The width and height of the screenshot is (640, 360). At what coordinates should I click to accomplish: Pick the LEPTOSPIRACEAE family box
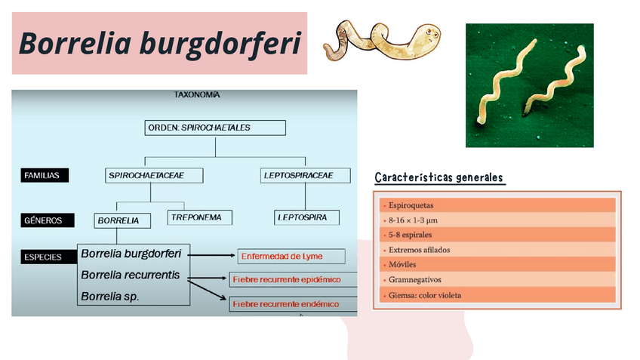click(306, 175)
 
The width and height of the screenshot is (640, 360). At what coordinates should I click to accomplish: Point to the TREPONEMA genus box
click(198, 217)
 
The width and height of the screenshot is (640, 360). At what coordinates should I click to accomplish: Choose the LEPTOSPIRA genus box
click(306, 217)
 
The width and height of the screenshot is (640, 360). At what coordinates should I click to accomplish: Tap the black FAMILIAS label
click(45, 175)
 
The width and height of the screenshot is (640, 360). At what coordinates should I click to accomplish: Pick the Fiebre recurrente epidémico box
click(291, 279)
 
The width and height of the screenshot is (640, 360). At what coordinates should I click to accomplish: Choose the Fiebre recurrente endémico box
click(291, 304)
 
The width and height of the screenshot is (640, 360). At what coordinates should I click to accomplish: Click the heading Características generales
click(438, 178)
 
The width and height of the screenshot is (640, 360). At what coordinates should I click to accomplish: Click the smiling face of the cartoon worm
click(430, 33)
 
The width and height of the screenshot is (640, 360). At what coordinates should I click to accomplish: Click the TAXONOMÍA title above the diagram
click(197, 95)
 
